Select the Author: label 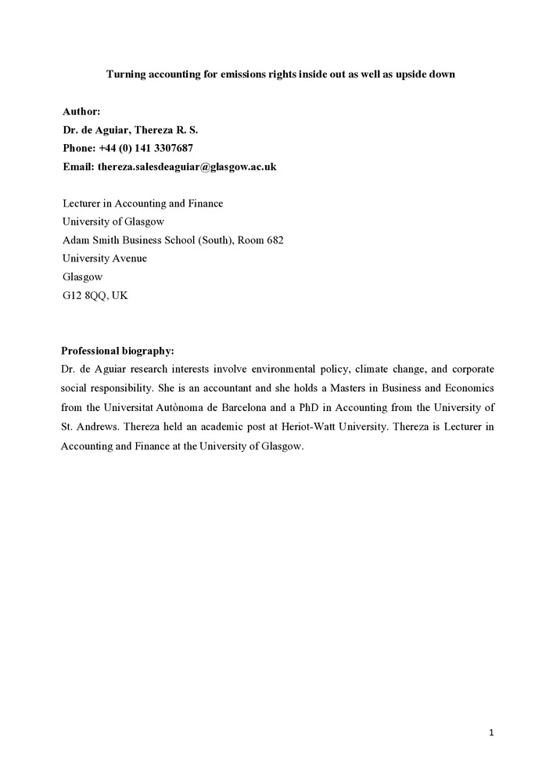tap(81, 112)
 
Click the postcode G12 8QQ tap(84, 296)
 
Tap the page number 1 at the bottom tap(491, 733)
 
